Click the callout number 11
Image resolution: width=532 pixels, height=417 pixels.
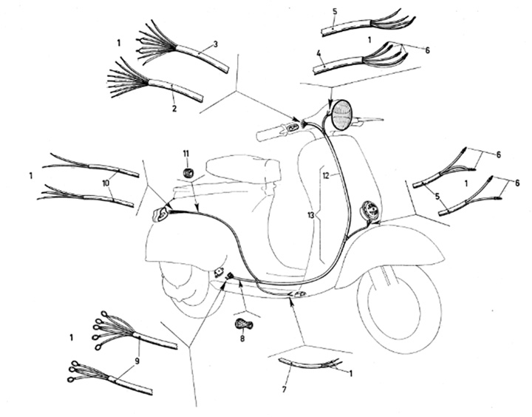[x=186, y=154]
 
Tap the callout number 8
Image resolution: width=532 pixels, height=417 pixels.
[x=242, y=339]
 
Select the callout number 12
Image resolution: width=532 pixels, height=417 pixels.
[x=326, y=176]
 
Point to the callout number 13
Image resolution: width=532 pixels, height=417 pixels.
[x=310, y=215]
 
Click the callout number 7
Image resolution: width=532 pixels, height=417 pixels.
[x=284, y=389]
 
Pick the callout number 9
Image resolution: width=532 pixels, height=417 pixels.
[x=137, y=362]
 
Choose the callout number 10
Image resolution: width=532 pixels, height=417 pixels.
[x=106, y=183]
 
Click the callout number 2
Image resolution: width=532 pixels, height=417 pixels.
[x=174, y=109]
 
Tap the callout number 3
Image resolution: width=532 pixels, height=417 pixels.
[x=216, y=44]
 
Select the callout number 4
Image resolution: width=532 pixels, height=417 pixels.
[x=318, y=53]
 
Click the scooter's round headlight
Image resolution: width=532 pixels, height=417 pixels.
[x=341, y=115]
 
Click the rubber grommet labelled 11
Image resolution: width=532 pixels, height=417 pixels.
[x=187, y=173]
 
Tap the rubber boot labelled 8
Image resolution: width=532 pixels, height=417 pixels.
[x=242, y=323]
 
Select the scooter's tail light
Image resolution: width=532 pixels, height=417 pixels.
[x=160, y=214]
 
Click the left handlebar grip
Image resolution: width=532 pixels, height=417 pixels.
[x=269, y=133]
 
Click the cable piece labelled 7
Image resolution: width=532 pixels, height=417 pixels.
[x=309, y=365]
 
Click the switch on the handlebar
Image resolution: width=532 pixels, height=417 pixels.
[x=293, y=127]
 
